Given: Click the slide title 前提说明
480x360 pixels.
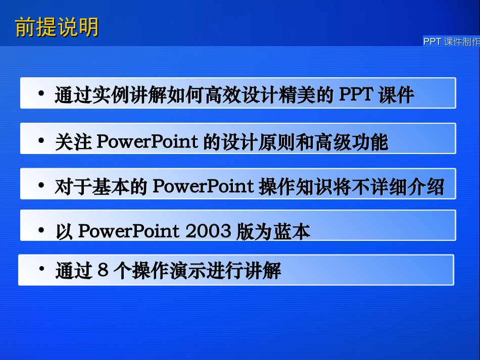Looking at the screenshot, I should [57, 27].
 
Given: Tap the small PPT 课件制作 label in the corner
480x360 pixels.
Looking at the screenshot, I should [451, 42].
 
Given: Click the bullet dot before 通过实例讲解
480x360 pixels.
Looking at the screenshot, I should [41, 94].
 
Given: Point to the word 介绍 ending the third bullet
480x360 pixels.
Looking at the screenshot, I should [426, 187].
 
